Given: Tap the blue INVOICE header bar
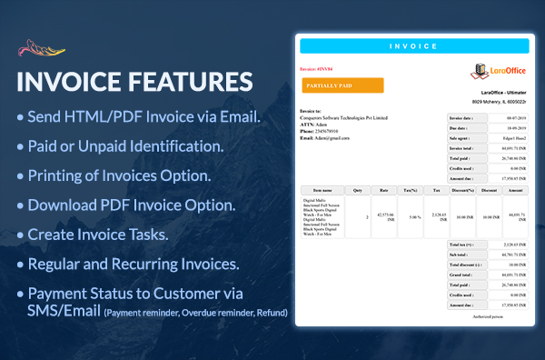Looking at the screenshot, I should coord(412,45).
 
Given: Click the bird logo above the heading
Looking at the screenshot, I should coord(43,45).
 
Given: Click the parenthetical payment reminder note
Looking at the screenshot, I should coord(195,313).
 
